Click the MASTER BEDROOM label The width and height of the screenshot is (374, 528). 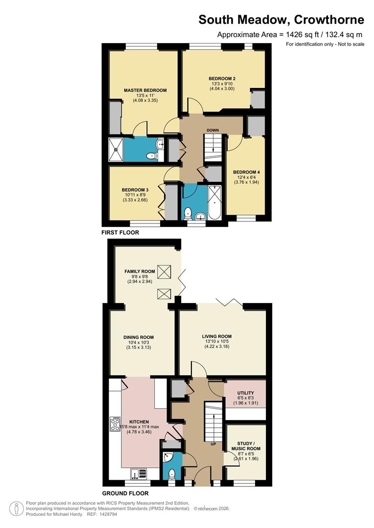[x=145, y=90]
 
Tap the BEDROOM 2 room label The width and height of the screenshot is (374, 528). [x=222, y=79]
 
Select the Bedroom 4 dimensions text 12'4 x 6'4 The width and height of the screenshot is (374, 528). [x=247, y=177]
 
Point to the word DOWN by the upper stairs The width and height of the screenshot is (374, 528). [x=213, y=131]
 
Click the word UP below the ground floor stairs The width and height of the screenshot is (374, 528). [x=213, y=444]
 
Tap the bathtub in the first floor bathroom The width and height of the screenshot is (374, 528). [x=214, y=203]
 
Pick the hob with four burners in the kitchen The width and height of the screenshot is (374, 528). [x=115, y=424]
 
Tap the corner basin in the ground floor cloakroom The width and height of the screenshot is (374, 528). [x=167, y=458]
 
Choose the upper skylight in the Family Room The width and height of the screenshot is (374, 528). [x=164, y=272]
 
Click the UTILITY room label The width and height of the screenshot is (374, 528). [x=246, y=393]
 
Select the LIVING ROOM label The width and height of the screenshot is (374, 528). [x=217, y=336]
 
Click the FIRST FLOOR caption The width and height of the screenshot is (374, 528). [x=120, y=232]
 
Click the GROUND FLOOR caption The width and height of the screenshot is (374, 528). [x=125, y=493]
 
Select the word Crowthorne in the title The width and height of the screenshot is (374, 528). [x=329, y=20]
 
